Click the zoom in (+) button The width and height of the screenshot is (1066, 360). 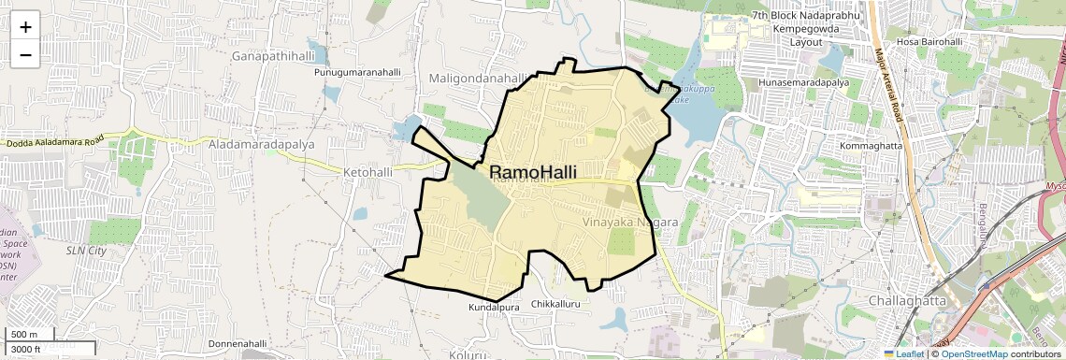point(25,26)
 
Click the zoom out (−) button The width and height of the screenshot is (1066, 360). point(25,54)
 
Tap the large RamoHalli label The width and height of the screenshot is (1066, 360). point(532,173)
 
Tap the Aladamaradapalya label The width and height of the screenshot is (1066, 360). point(261,145)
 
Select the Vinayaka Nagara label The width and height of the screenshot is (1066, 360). point(628,223)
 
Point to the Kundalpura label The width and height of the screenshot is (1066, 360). point(492,306)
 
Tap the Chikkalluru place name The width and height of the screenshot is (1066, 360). point(556,305)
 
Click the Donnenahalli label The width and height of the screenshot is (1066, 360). point(238,344)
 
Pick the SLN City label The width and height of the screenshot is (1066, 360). point(86,251)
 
